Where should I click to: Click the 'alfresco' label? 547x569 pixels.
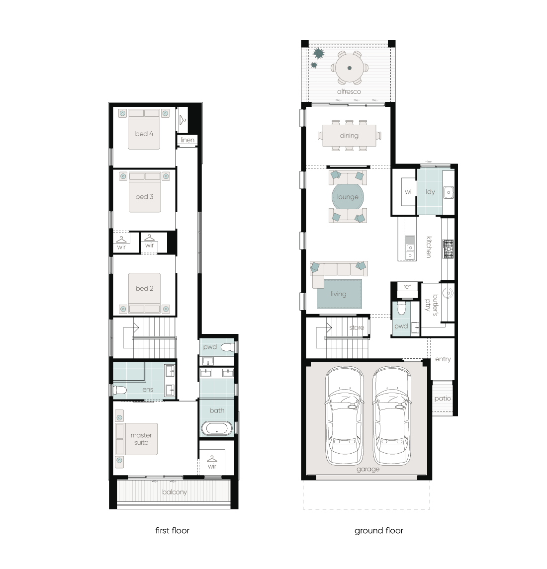click(349, 91)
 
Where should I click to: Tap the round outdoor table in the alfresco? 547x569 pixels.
click(350, 68)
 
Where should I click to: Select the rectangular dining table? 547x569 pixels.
click(349, 135)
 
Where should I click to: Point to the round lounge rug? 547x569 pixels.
click(348, 197)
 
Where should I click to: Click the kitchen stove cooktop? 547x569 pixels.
click(448, 249)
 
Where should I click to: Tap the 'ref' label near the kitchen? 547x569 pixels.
click(407, 286)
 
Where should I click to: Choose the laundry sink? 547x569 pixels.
click(449, 192)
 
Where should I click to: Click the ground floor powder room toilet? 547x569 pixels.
click(401, 308)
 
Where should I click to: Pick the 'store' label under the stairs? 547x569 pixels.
click(357, 327)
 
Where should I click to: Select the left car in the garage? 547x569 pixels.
click(344, 416)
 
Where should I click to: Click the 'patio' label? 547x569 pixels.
click(443, 399)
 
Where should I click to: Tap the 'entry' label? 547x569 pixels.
click(443, 359)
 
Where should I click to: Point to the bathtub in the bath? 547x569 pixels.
click(217, 428)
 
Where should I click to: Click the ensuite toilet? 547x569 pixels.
click(119, 390)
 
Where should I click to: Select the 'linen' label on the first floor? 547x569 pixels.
click(187, 140)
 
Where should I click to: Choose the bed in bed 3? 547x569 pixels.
click(145, 192)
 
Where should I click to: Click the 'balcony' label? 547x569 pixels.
click(175, 492)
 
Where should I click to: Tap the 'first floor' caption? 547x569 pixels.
click(172, 531)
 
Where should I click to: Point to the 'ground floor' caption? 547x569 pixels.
click(379, 531)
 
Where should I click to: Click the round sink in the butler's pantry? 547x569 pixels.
click(448, 293)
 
